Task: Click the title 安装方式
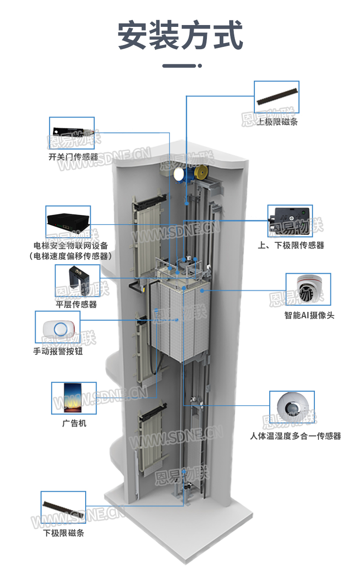click(180, 35)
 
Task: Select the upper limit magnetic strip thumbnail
click(277, 97)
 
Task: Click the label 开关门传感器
click(73, 157)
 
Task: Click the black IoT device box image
click(68, 222)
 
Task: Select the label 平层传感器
click(77, 304)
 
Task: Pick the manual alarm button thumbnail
click(57, 327)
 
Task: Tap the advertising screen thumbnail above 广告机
click(74, 398)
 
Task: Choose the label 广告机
click(74, 423)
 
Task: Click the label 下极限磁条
click(63, 533)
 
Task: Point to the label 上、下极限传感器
click(291, 245)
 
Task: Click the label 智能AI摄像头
click(309, 315)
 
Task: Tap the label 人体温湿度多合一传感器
click(295, 436)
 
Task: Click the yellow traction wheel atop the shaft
click(201, 173)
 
